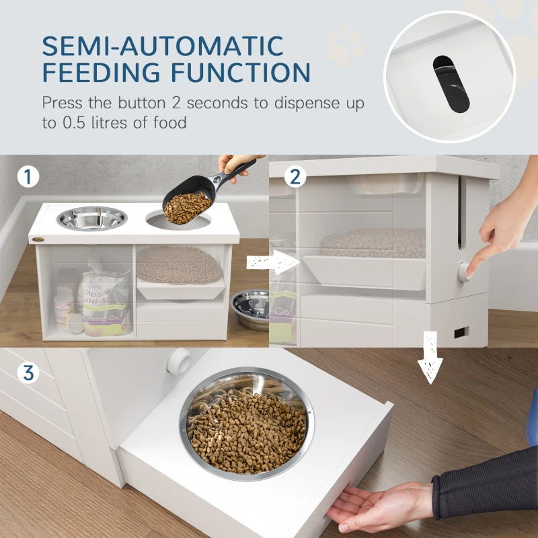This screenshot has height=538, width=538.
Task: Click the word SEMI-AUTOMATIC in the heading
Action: click(x=163, y=46)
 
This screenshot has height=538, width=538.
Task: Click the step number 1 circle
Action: click(x=28, y=177)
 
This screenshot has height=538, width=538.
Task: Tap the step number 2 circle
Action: click(x=295, y=177)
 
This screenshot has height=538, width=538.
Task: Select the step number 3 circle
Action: click(x=28, y=371)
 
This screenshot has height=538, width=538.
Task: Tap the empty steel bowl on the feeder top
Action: click(x=92, y=218)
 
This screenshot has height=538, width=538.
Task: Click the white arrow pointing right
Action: click(x=271, y=262)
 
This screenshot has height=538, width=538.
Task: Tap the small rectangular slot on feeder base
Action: click(x=461, y=332)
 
